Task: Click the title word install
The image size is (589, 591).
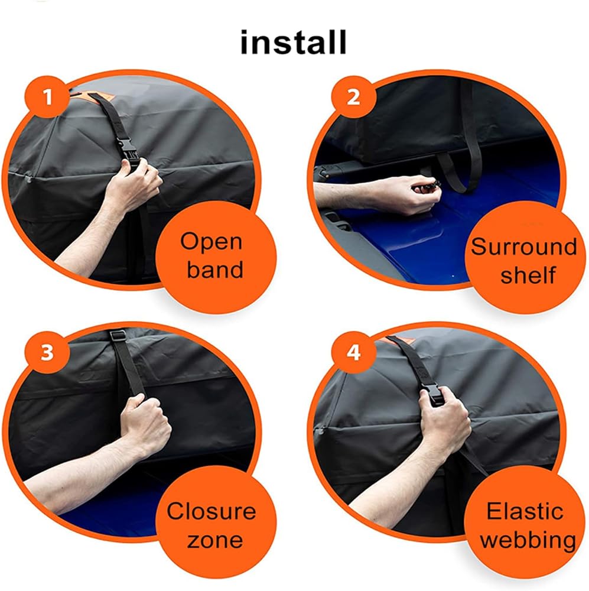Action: point(293,42)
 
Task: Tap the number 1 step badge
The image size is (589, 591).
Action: point(47,97)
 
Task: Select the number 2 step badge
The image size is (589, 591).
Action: point(353,97)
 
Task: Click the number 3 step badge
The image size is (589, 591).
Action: point(47,352)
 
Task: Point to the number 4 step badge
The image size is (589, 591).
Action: point(353,352)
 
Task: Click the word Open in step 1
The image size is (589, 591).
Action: point(211,242)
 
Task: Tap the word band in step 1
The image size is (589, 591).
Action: point(215,269)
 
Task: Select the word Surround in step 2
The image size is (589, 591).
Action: point(524,247)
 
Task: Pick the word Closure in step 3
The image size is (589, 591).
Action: point(211,511)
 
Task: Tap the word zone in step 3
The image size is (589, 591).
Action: point(215,540)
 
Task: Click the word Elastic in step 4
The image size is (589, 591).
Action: point(525,511)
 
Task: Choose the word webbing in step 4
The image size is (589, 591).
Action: point(528,541)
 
